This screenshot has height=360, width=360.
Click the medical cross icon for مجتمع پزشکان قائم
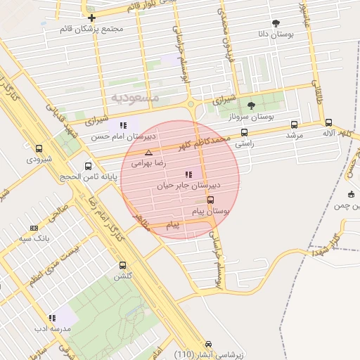pyautogui.click(x=91, y=17)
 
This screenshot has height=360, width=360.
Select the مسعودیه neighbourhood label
pyautogui.click(x=134, y=96)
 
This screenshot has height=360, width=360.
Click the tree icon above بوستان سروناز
pyautogui.click(x=251, y=105)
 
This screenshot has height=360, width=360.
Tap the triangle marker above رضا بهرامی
pyautogui.click(x=148, y=153)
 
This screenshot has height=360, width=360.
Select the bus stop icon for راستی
pyautogui.click(x=244, y=132)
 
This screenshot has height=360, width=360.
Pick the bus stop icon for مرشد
pyautogui.click(x=294, y=124)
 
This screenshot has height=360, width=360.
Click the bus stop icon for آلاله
pyautogui.click(x=328, y=122)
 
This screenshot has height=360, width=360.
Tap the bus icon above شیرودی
pyautogui.click(x=38, y=148)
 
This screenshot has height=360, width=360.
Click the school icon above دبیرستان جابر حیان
pyautogui.click(x=188, y=174)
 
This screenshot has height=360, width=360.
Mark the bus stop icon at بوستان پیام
pyautogui.click(x=210, y=200)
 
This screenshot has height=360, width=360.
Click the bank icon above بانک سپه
pyautogui.click(x=34, y=228)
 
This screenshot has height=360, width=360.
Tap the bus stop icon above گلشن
pyautogui.click(x=123, y=266)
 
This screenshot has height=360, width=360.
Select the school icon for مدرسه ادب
pyautogui.click(x=52, y=318)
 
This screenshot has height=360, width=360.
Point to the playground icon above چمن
pyautogui.click(x=351, y=194)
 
